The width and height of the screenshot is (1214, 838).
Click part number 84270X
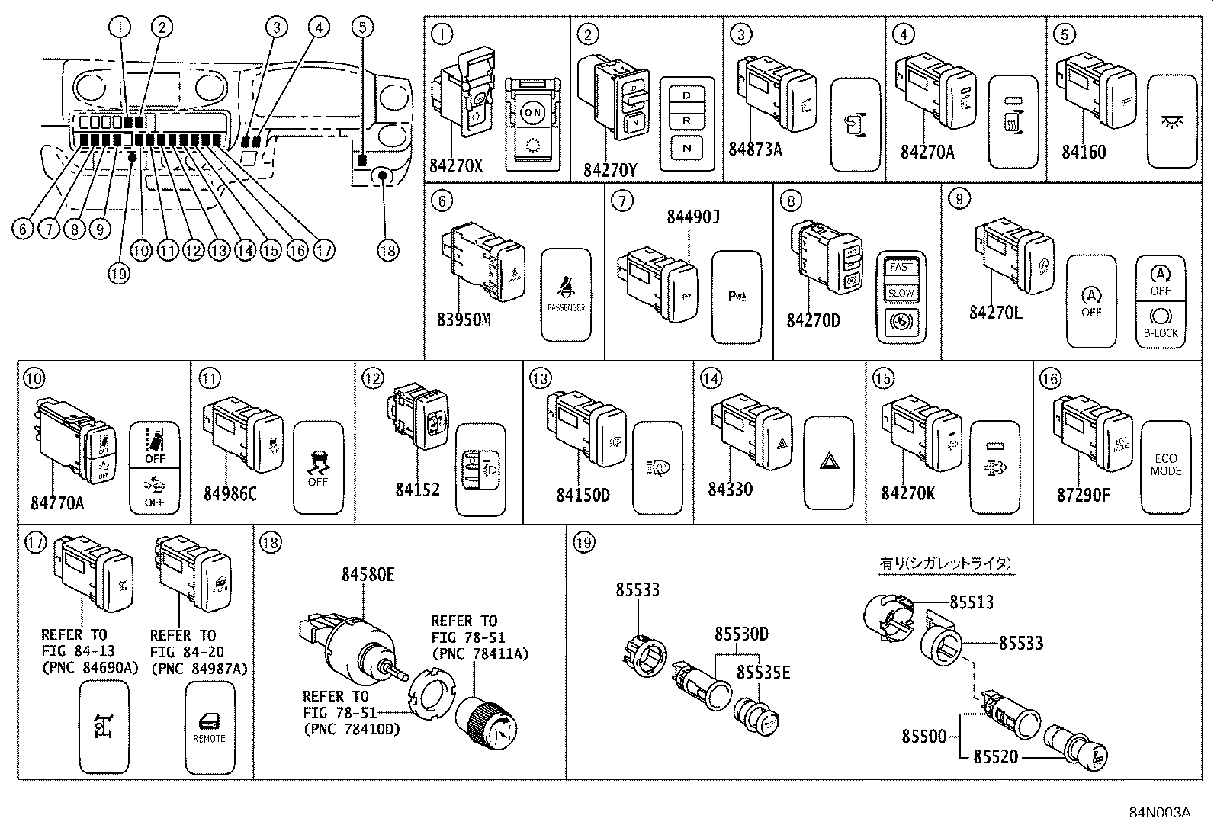(x=456, y=165)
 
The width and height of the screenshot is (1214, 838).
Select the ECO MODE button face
(x=1166, y=465)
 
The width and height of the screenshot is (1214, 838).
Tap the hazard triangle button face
(x=829, y=461)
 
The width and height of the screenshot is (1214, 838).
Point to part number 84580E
(x=368, y=575)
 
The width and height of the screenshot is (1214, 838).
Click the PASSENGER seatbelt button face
(x=566, y=294)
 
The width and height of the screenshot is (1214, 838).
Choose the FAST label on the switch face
(x=901, y=268)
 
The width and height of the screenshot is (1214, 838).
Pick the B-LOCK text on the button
(x=1161, y=333)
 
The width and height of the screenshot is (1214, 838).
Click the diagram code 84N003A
(x=1160, y=812)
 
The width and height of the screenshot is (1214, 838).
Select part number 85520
(x=995, y=757)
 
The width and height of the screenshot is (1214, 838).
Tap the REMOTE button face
(x=210, y=727)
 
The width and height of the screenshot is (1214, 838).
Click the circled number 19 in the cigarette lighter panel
(x=584, y=543)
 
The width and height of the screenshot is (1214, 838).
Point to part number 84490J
(x=693, y=217)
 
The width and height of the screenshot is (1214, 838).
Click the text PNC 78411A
(x=480, y=653)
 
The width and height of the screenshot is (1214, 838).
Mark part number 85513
(x=972, y=602)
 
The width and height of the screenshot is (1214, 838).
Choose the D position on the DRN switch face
(x=687, y=96)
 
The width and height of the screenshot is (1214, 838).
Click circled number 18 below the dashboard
(x=387, y=250)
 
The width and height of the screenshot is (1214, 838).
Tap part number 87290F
(x=1084, y=495)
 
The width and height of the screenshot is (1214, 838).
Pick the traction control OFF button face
(x=318, y=467)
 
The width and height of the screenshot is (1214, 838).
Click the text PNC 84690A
(x=90, y=668)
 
